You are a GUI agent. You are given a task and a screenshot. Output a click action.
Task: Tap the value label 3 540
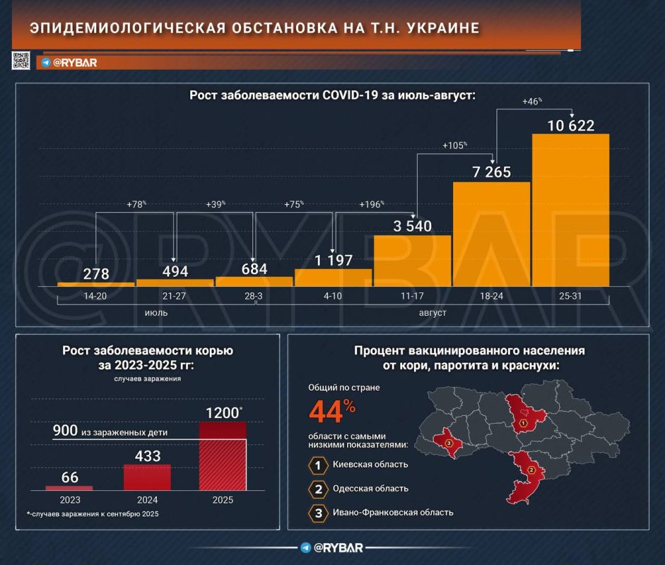click(412, 226)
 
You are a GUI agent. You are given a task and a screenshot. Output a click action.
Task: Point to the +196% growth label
click(372, 204)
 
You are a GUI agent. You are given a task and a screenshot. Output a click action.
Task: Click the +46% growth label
click(531, 101)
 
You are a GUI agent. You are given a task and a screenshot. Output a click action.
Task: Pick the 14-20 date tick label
click(95, 296)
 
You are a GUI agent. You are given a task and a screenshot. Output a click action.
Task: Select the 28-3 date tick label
click(253, 296)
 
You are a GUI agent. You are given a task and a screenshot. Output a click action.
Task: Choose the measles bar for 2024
click(147, 477)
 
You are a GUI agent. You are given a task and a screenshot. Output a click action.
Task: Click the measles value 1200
click(221, 411)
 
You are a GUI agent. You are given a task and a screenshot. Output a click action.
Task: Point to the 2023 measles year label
click(69, 500)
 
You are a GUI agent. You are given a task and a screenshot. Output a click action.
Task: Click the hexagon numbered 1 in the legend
click(319, 465)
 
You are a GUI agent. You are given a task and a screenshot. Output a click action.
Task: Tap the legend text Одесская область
click(370, 489)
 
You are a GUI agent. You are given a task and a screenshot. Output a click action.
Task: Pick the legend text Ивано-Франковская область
click(393, 513)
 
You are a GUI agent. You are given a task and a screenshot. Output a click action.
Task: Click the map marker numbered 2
click(532, 470)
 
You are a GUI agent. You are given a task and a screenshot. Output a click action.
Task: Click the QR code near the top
click(21, 61)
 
